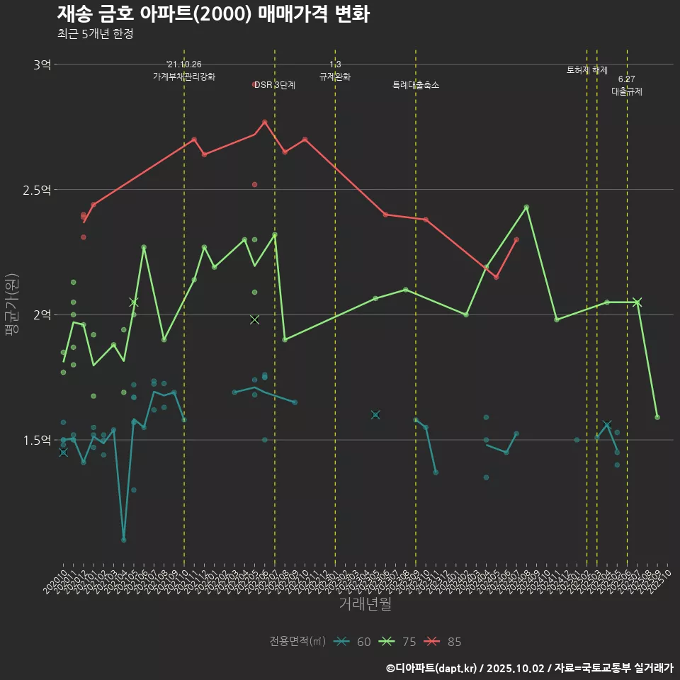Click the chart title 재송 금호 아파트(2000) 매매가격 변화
(212, 14)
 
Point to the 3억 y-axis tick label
(42, 65)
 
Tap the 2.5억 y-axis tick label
(37, 190)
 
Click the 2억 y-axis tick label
(42, 315)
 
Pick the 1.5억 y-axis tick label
(37, 440)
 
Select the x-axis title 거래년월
(365, 604)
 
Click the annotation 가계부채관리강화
(184, 76)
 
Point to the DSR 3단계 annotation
(275, 85)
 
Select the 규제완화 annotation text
(335, 76)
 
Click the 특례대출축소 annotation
(416, 85)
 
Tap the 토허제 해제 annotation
(587, 70)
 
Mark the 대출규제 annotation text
(627, 92)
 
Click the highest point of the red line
(265, 122)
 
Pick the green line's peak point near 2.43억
(526, 207)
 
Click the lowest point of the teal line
(124, 540)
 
